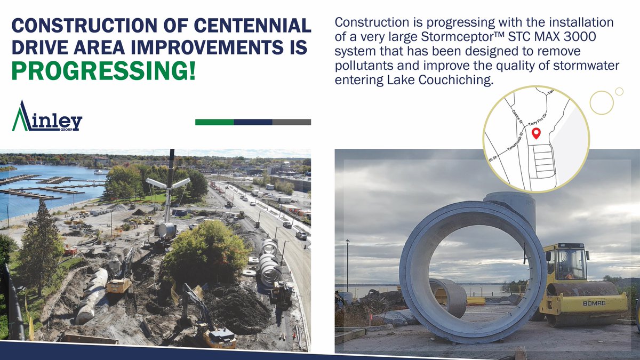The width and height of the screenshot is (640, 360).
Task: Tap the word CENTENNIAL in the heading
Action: pyautogui.click(x=250, y=26)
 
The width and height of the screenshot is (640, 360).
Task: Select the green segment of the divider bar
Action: pyautogui.click(x=214, y=122)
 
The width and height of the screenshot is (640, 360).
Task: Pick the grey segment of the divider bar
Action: pyautogui.click(x=292, y=122)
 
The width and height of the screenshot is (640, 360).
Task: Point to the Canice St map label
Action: pyautogui.click(x=517, y=115)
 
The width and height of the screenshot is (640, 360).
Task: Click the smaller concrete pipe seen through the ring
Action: pyautogui.click(x=450, y=297)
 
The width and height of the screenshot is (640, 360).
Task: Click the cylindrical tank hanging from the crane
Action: pyautogui.click(x=166, y=230)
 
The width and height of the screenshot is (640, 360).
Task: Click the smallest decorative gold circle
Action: pyautogui.click(x=619, y=91)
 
